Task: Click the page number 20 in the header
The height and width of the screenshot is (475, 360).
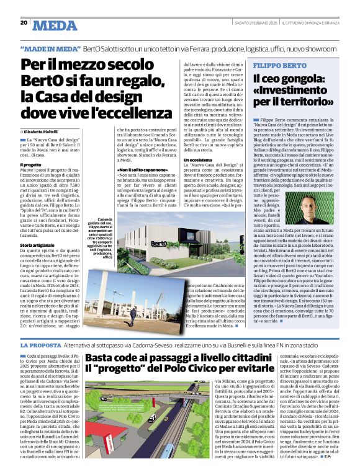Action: click(x=24, y=22)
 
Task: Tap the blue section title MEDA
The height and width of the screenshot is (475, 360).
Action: click(x=55, y=25)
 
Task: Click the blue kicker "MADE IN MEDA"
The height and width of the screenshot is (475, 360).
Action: click(x=51, y=48)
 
